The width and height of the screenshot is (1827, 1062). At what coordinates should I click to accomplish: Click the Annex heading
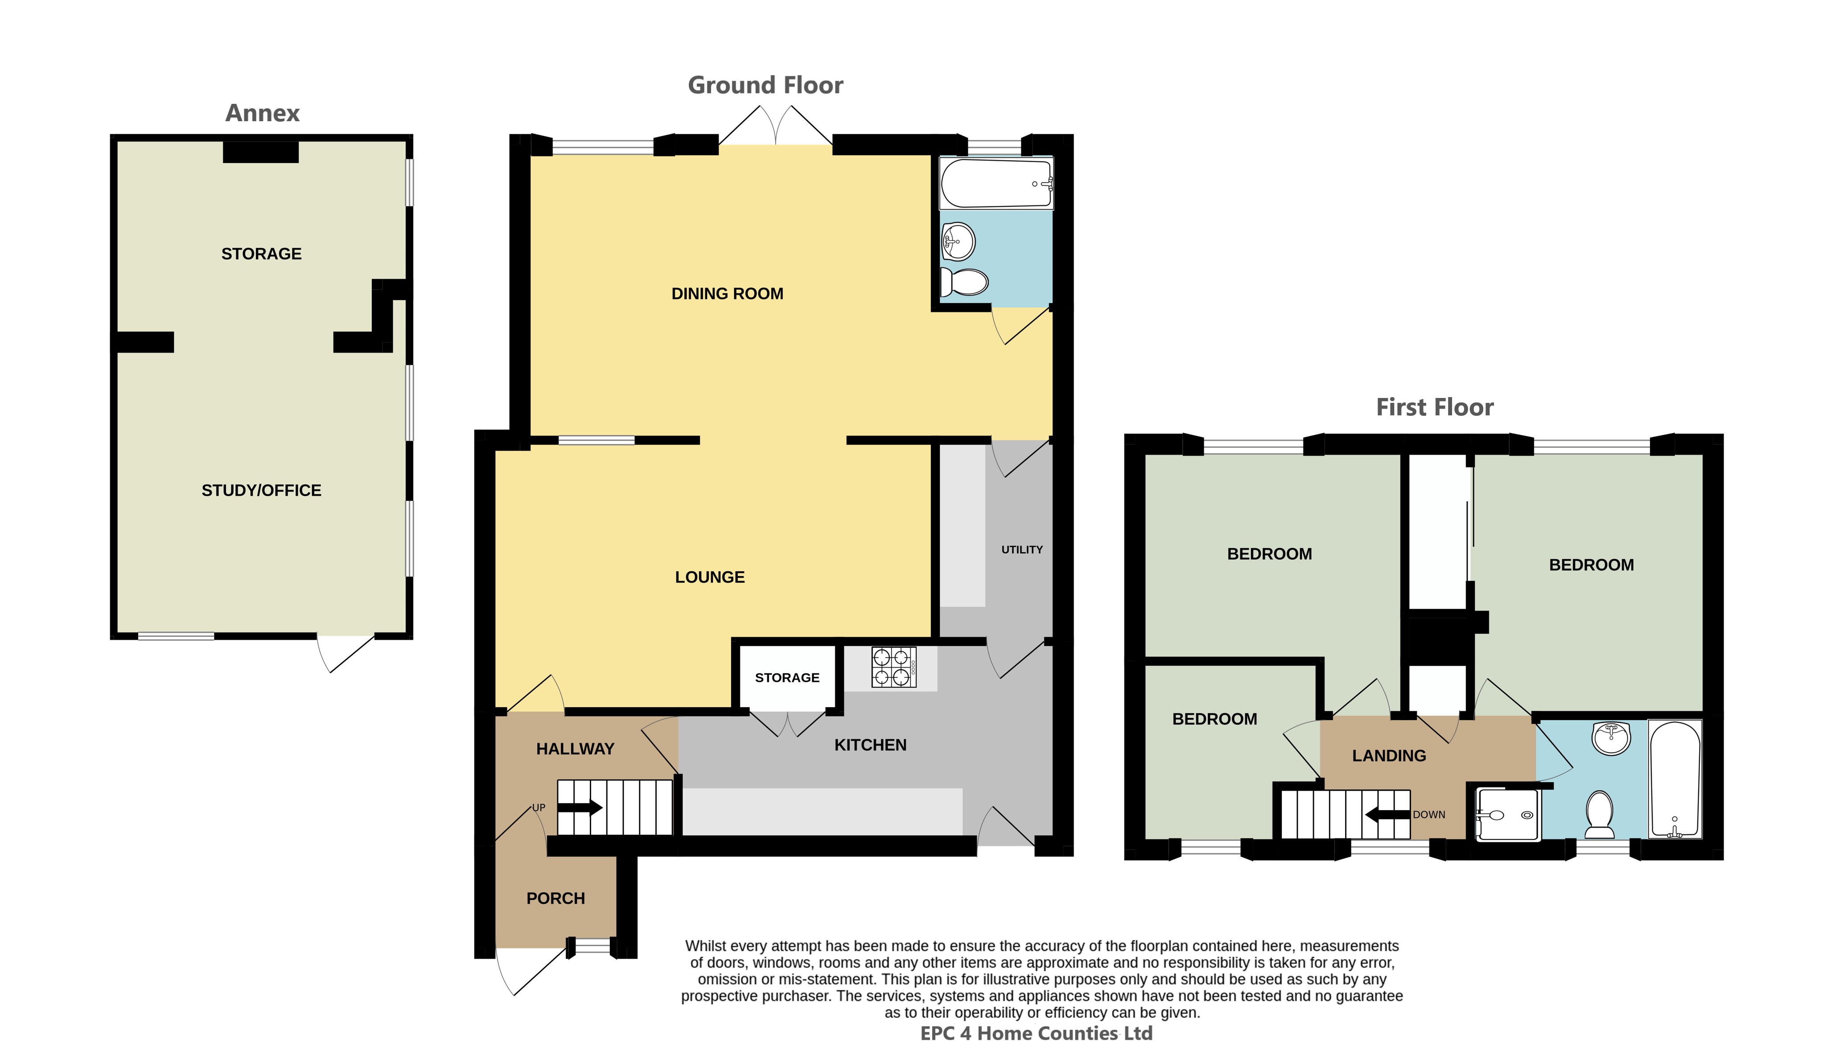pyautogui.click(x=263, y=113)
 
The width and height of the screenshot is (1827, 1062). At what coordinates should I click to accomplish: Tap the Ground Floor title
pyautogui.click(x=765, y=86)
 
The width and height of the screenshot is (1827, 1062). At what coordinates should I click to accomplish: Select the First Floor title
pyautogui.click(x=1435, y=407)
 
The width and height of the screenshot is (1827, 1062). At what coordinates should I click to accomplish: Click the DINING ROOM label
pyautogui.click(x=727, y=294)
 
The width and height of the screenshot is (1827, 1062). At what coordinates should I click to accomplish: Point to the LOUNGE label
pyautogui.click(x=710, y=577)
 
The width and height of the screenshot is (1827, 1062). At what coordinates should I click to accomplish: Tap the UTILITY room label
pyautogui.click(x=1022, y=549)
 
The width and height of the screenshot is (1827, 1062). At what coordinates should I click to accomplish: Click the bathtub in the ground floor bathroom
pyautogui.click(x=996, y=184)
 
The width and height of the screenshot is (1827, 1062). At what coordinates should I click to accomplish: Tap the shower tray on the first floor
pyautogui.click(x=1508, y=815)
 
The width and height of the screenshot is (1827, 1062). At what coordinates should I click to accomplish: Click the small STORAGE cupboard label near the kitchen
pyautogui.click(x=787, y=678)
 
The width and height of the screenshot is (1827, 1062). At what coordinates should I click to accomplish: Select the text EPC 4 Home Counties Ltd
pyautogui.click(x=1036, y=1034)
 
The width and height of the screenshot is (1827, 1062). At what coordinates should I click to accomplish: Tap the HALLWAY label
pyautogui.click(x=575, y=749)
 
